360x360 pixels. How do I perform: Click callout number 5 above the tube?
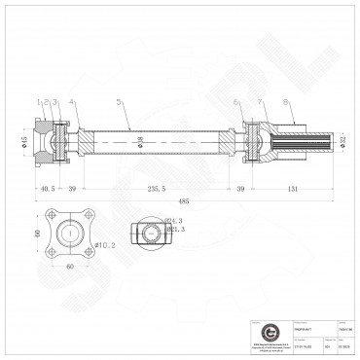119,101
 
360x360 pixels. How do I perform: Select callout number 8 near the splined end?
286,101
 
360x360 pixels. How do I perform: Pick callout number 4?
72,101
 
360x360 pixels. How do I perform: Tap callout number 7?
261,101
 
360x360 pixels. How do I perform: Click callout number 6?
236,101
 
